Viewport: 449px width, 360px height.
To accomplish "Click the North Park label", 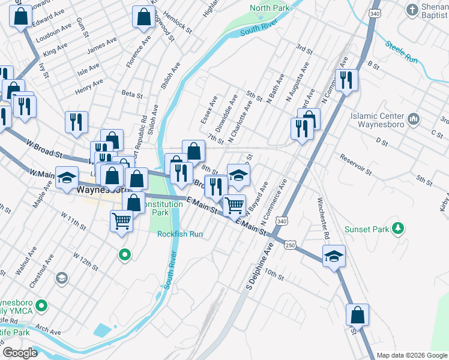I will pyautogui.click(x=270, y=8).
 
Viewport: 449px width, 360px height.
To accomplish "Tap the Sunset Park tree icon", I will pyautogui.click(x=397, y=228).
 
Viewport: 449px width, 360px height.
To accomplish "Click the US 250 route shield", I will pyautogui.click(x=291, y=245).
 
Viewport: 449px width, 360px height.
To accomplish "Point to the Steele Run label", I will pyautogui.click(x=402, y=51).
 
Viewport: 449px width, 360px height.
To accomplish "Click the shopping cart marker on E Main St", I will pyautogui.click(x=234, y=205).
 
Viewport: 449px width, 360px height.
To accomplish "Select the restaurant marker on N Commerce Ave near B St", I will pyautogui.click(x=346, y=79).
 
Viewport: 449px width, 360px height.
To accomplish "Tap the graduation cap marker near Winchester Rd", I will pyautogui.click(x=334, y=256).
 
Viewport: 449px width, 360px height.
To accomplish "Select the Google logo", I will pyautogui.click(x=20, y=353).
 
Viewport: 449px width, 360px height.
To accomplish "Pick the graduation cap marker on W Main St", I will pyautogui.click(x=67, y=178).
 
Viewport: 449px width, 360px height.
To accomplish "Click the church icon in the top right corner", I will pyautogui.click(x=412, y=10).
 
